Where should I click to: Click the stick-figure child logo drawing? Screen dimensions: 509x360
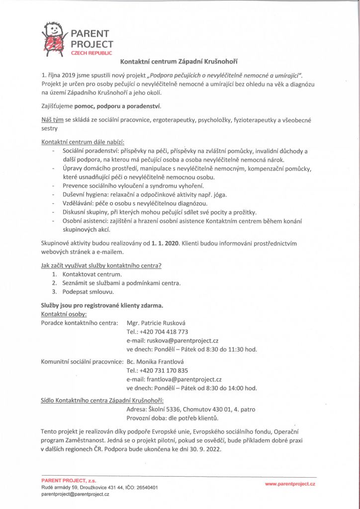[x=54, y=38]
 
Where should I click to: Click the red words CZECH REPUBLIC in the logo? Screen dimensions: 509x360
[x=91, y=53]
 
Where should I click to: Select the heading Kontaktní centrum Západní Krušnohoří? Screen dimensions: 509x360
[x=180, y=62]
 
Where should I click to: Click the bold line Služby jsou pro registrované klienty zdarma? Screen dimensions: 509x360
[x=102, y=305]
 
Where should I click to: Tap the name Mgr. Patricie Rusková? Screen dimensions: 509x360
[x=156, y=323]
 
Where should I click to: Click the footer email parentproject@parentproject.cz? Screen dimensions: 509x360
[x=75, y=495]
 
